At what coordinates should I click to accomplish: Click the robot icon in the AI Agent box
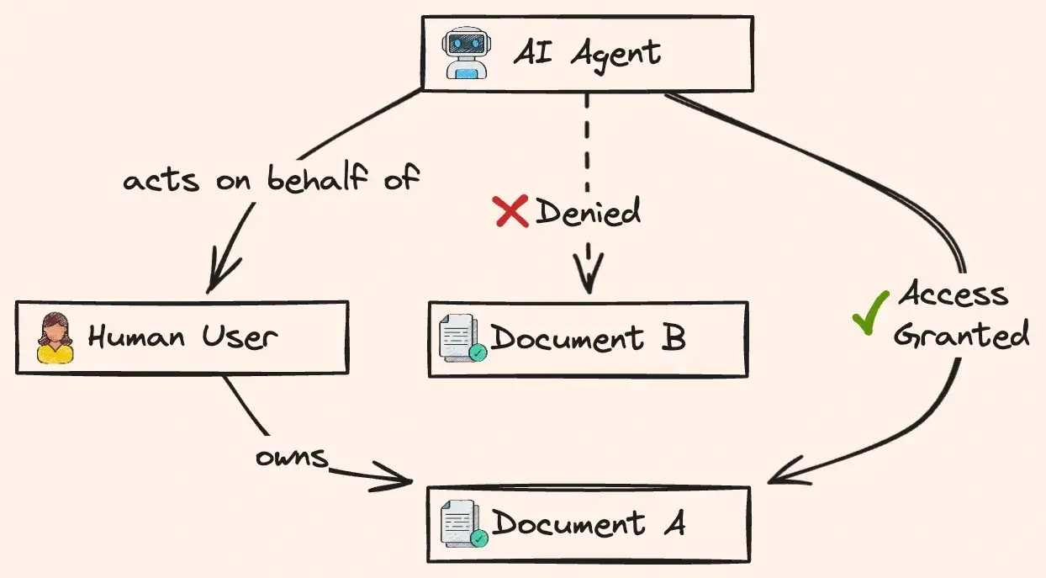467,53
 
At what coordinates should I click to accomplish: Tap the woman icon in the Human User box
55,337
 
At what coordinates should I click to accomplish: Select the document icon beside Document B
462,338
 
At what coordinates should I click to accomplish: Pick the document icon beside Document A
464,523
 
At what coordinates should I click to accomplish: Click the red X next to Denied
510,211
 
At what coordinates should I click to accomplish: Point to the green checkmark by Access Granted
870,312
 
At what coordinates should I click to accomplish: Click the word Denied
588,211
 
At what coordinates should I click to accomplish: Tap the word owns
292,457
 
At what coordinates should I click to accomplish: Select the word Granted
961,335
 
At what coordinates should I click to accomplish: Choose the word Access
953,294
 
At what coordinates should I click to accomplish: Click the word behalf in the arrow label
318,178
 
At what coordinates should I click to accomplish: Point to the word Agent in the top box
615,56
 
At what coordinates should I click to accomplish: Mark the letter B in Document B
674,337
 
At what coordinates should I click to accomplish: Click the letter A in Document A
674,522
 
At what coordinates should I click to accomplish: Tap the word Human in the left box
136,337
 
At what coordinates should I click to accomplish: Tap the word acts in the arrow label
161,181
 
